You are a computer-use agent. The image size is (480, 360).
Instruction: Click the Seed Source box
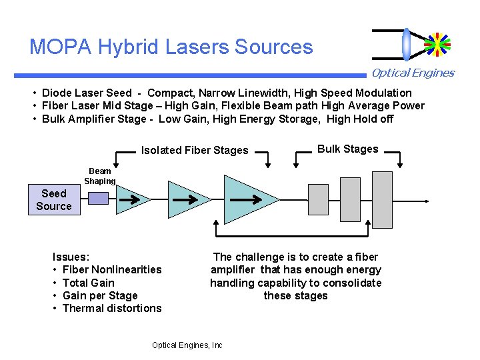tap(54, 200)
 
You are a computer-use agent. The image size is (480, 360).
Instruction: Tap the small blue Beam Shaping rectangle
tap(98, 198)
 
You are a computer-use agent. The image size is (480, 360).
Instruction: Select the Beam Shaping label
tap(100, 176)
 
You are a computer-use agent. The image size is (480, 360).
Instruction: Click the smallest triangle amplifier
tap(129, 199)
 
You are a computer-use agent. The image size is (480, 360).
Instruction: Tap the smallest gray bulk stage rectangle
tap(319, 199)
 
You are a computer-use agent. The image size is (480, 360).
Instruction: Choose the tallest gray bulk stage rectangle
tap(382, 199)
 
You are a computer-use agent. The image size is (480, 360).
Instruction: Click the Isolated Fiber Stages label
tap(195, 150)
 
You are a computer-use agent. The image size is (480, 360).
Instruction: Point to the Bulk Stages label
tap(347, 149)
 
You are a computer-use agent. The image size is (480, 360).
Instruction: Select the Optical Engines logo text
tap(413, 73)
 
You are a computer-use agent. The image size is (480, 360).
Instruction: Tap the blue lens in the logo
tap(407, 44)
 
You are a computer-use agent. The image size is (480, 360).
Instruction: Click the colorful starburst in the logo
tap(437, 44)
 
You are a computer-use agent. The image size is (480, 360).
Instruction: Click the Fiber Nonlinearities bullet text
tap(112, 269)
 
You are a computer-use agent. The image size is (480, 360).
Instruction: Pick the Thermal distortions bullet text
tap(112, 308)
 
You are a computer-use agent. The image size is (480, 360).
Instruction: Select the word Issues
tap(71, 257)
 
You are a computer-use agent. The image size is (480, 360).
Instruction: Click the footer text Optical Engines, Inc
tap(187, 345)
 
